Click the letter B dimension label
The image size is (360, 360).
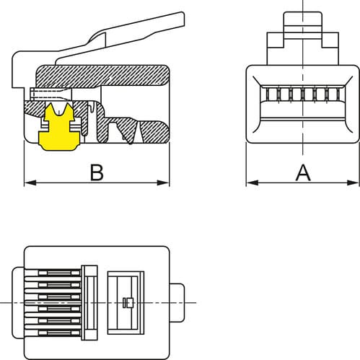tap(97, 172)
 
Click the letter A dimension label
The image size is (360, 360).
tap(303, 172)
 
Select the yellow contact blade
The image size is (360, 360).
tap(59, 127)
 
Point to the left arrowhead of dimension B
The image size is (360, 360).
tap(30, 183)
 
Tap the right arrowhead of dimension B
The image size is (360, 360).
tap(163, 183)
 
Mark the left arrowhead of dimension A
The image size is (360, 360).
tap(253, 183)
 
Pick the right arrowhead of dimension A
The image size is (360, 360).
tap(353, 183)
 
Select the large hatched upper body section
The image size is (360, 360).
tap(103, 75)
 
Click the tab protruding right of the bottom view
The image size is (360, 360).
tap(177, 302)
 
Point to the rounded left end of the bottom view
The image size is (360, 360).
tap(18, 302)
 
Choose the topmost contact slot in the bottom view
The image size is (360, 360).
tap(59, 273)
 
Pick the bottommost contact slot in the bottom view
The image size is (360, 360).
tap(59, 333)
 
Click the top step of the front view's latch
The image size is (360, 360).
tap(303, 19)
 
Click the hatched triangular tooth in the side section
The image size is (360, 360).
tap(136, 131)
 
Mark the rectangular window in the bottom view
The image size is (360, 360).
tap(126, 303)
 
